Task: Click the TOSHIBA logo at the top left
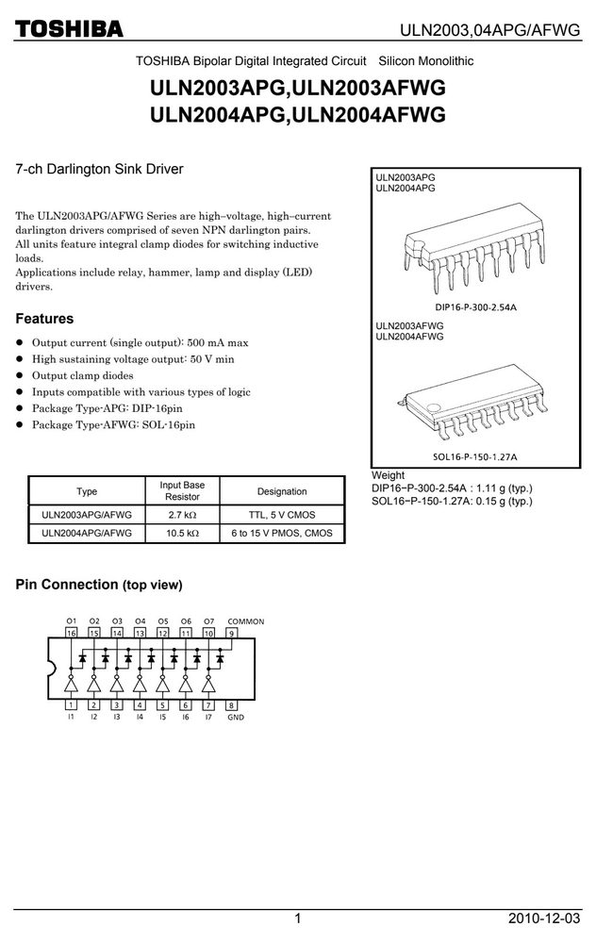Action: coord(69,29)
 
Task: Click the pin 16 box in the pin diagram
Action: coord(72,633)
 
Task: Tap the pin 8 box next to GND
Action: coord(231,704)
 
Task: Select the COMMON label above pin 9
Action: coord(245,621)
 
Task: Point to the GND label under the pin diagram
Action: coord(236,717)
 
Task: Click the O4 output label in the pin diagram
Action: coord(141,621)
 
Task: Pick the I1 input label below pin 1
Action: coord(71,717)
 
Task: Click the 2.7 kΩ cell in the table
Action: coord(182,515)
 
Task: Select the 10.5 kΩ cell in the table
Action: coord(182,533)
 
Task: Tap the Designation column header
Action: coord(282,491)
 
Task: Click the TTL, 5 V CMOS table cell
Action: coord(282,515)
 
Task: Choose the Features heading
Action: coord(44,319)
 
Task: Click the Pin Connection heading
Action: coord(99,585)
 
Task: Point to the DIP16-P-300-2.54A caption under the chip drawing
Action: coord(475,307)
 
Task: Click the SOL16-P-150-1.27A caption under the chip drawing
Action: coord(475,456)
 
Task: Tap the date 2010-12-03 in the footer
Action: coord(544,918)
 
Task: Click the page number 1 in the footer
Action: coord(298,918)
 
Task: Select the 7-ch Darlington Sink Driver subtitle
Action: coord(99,169)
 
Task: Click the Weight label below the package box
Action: coord(388,475)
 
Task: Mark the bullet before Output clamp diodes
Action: coord(19,375)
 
